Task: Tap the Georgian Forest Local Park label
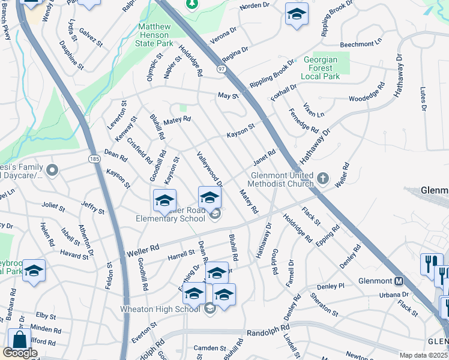321,68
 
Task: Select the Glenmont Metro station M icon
399,281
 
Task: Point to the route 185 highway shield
94,159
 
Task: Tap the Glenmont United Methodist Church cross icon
323,178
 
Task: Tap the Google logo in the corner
20,353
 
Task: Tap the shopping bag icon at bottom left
19,339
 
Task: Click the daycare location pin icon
52,171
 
